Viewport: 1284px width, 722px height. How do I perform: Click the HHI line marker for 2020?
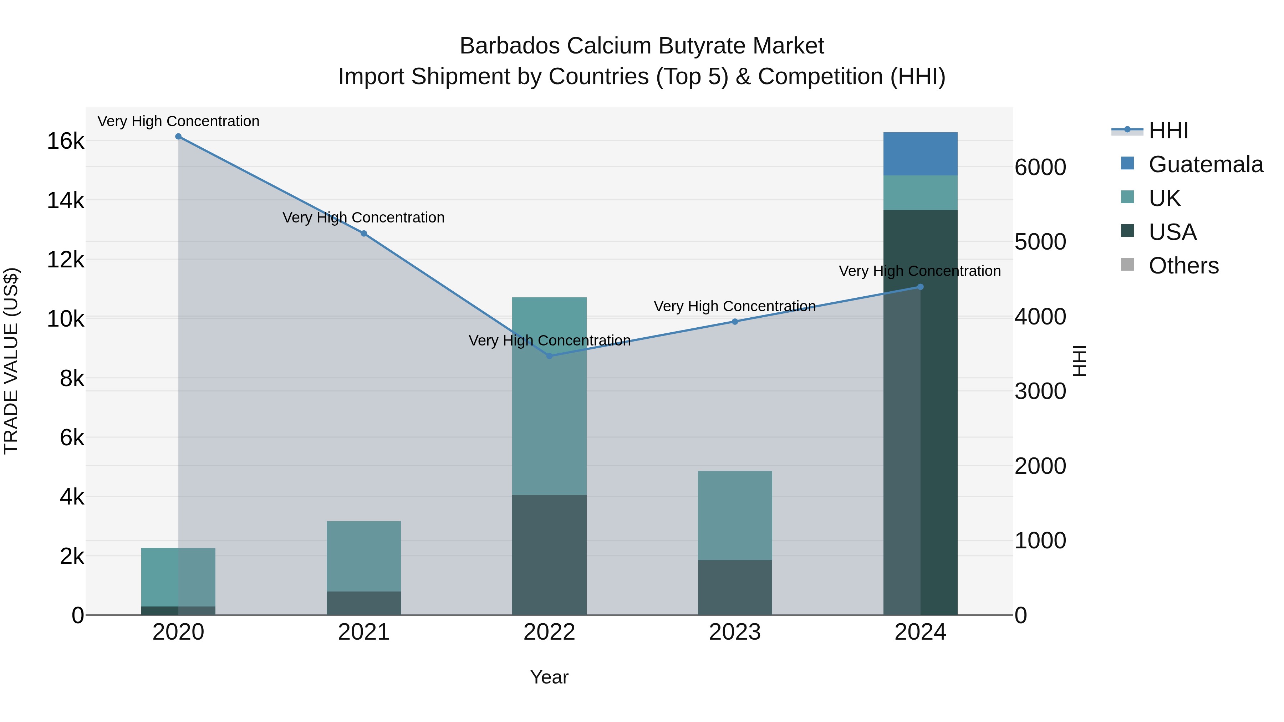[x=178, y=137]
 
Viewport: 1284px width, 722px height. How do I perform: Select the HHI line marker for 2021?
[x=364, y=234]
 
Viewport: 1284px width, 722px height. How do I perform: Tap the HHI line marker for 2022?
[x=549, y=356]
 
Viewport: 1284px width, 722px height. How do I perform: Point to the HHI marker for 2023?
[x=735, y=321]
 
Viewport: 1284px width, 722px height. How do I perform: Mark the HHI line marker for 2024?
[x=920, y=287]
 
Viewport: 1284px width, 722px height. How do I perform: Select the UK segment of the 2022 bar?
[x=549, y=396]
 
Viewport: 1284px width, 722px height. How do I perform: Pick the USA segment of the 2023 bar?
[x=735, y=588]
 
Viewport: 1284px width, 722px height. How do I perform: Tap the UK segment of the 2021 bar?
[x=364, y=557]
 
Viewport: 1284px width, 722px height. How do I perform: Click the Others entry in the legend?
[x=1183, y=266]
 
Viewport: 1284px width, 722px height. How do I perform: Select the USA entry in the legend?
[x=1172, y=232]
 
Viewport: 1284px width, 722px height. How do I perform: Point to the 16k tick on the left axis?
[x=66, y=141]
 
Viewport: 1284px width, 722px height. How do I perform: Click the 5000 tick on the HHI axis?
[x=1041, y=242]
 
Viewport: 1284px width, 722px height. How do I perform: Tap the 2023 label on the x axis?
[x=735, y=632]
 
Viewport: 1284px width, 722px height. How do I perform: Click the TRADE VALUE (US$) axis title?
[x=11, y=361]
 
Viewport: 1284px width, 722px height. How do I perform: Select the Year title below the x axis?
[x=549, y=677]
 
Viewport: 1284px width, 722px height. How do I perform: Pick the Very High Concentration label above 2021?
[x=364, y=218]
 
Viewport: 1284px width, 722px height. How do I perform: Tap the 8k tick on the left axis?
[x=72, y=378]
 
